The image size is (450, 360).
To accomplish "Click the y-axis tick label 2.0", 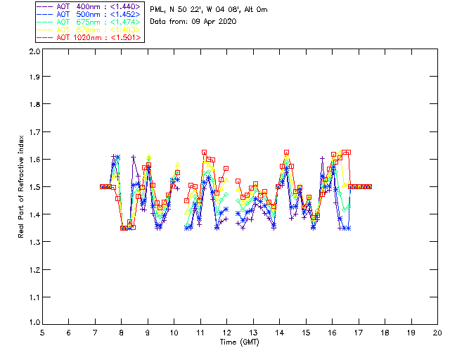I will tap(34, 52).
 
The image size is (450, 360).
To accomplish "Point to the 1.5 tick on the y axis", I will tap(34, 187).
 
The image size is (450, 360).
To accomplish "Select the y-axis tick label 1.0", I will tap(34, 323).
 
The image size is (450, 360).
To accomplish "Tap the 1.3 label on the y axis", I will tap(34, 241).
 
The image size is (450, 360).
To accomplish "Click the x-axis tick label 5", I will tap(42, 333).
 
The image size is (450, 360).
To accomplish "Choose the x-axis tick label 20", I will tap(437, 333).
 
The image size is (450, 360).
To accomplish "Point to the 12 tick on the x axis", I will tap(226, 333).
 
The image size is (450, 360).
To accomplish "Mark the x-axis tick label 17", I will tap(358, 333).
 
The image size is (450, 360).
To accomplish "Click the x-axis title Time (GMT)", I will tap(239, 342).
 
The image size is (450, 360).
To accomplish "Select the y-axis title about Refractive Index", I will tap(23, 186).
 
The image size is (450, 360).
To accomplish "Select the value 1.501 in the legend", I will tap(128, 37).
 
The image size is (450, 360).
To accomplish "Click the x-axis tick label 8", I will tap(121, 333).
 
